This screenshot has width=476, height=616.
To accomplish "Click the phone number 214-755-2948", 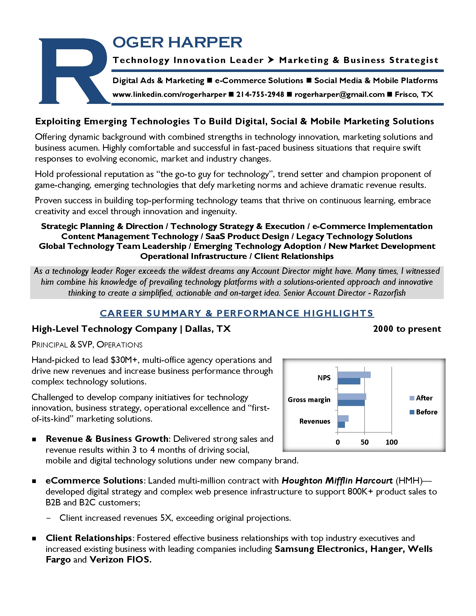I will click(260, 94).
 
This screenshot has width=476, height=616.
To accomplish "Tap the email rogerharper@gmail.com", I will click(339, 94).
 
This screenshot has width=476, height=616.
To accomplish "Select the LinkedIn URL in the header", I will click(169, 94).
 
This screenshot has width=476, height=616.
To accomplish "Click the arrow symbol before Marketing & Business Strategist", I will click(271, 60).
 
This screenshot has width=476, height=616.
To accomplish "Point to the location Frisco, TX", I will click(414, 94).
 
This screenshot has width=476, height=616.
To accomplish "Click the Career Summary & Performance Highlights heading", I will click(237, 313).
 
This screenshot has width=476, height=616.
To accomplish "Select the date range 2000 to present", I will click(407, 329).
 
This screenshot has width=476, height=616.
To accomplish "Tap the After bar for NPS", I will click(354, 375).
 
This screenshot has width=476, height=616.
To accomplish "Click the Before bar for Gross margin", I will click(351, 403).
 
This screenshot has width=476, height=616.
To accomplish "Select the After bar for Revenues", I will click(343, 418).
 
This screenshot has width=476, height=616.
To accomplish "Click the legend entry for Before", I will click(424, 412).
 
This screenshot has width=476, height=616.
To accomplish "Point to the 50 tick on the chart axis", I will click(364, 442).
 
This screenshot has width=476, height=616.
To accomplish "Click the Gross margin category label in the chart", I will click(309, 400).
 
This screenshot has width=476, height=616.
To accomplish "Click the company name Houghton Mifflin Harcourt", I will click(337, 480).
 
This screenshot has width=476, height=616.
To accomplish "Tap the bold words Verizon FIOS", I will click(120, 560).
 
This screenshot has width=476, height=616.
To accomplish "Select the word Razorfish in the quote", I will click(389, 293).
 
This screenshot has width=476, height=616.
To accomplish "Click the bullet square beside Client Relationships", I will click(34, 538).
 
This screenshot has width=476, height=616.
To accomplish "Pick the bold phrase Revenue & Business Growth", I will click(107, 439).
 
